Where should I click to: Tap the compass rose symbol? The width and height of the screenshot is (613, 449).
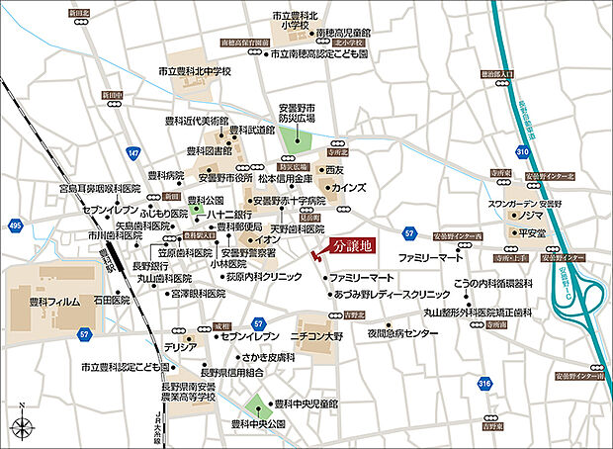22,426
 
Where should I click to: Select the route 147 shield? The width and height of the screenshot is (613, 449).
133,153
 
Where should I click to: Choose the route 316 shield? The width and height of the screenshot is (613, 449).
484,384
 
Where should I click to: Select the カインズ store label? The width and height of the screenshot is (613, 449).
349,187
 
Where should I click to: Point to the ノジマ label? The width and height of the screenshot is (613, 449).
535,214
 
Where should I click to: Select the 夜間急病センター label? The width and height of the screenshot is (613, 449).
402,334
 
